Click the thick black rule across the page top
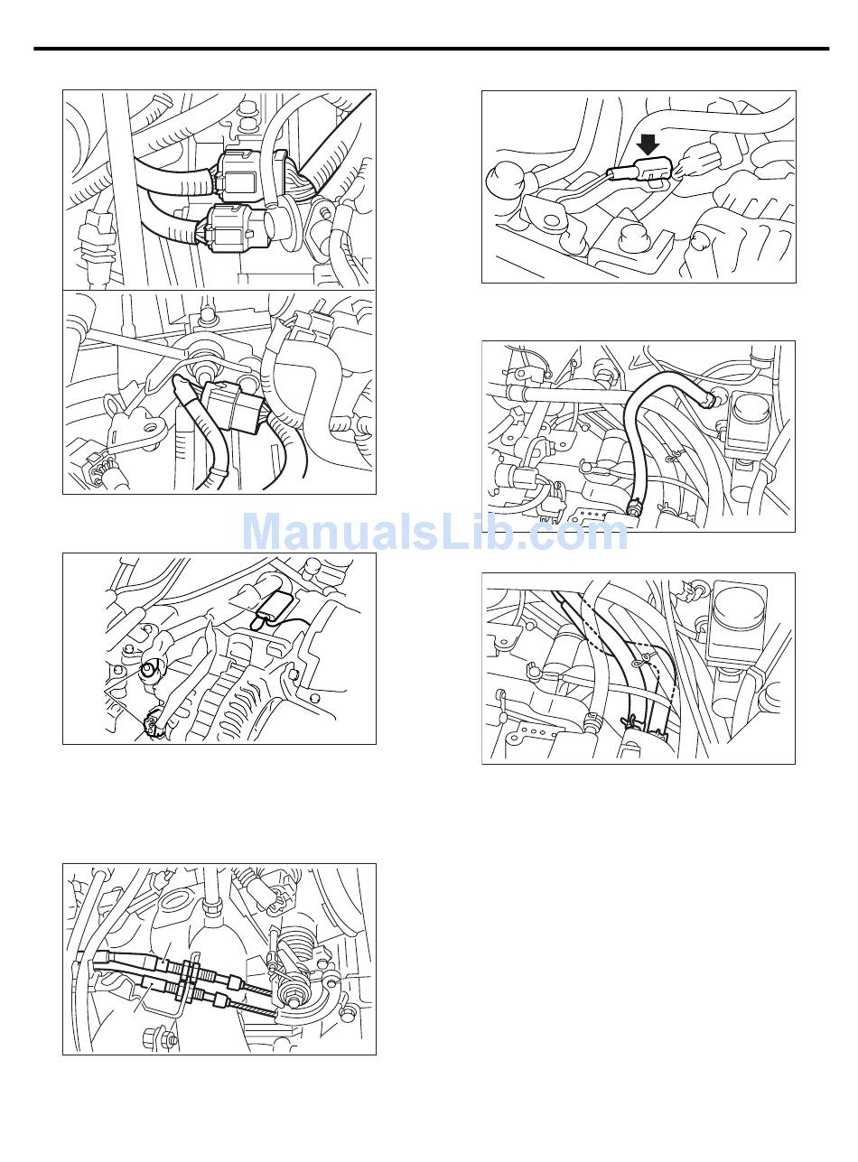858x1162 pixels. (x=431, y=49)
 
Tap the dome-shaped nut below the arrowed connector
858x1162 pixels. (x=634, y=240)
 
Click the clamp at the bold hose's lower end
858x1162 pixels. (x=634, y=505)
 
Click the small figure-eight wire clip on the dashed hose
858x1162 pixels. (x=641, y=662)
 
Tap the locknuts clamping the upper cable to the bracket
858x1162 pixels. (x=189, y=965)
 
